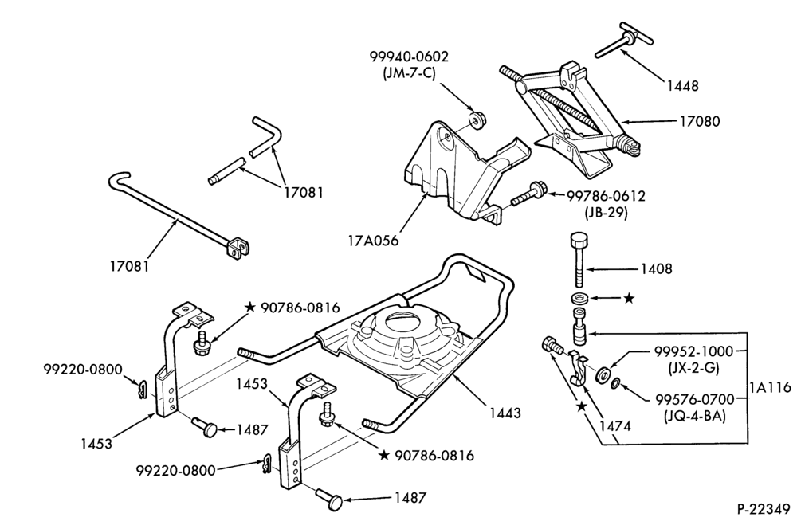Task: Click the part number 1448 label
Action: (682, 86)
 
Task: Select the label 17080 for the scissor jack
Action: (700, 121)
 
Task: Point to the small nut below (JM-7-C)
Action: (477, 120)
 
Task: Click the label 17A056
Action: (373, 240)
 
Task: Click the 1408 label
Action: (656, 268)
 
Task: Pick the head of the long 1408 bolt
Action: (579, 238)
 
